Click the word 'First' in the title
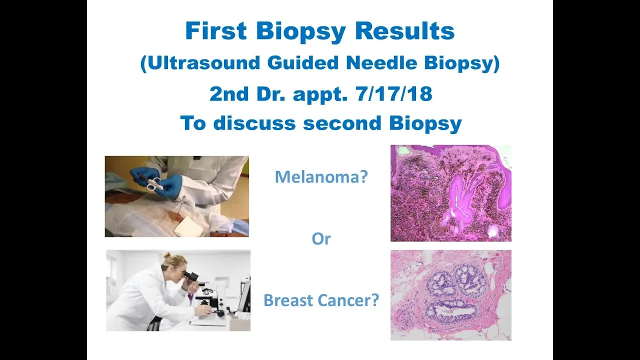pyautogui.click(x=215, y=30)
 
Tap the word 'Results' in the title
pyautogui.click(x=404, y=30)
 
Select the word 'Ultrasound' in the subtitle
pyautogui.click(x=204, y=62)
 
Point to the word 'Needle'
pyautogui.click(x=381, y=62)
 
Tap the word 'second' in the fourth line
pyautogui.click(x=342, y=123)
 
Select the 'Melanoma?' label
pyautogui.click(x=321, y=177)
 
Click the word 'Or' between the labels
pyautogui.click(x=321, y=239)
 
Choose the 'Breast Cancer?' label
pyautogui.click(x=321, y=300)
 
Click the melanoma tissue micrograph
pyautogui.click(x=451, y=193)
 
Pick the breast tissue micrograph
pyautogui.click(x=451, y=295)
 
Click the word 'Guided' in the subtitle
pyautogui.click(x=303, y=62)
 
